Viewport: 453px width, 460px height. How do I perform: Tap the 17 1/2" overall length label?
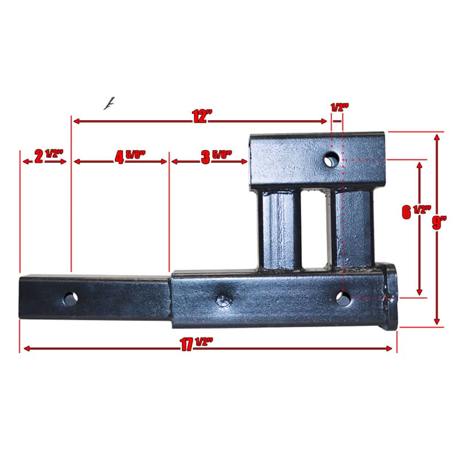[x=195, y=345]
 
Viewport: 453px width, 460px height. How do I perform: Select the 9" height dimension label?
[x=440, y=223]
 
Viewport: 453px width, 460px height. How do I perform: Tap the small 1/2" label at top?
[x=340, y=107]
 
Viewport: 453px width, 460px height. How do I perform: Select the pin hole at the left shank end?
[x=71, y=298]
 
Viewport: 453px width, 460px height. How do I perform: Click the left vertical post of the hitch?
[x=280, y=230]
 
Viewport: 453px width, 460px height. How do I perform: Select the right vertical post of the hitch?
[x=352, y=230]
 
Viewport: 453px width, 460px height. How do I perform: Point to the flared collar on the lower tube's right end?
[x=390, y=296]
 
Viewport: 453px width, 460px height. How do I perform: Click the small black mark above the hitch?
[x=108, y=103]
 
